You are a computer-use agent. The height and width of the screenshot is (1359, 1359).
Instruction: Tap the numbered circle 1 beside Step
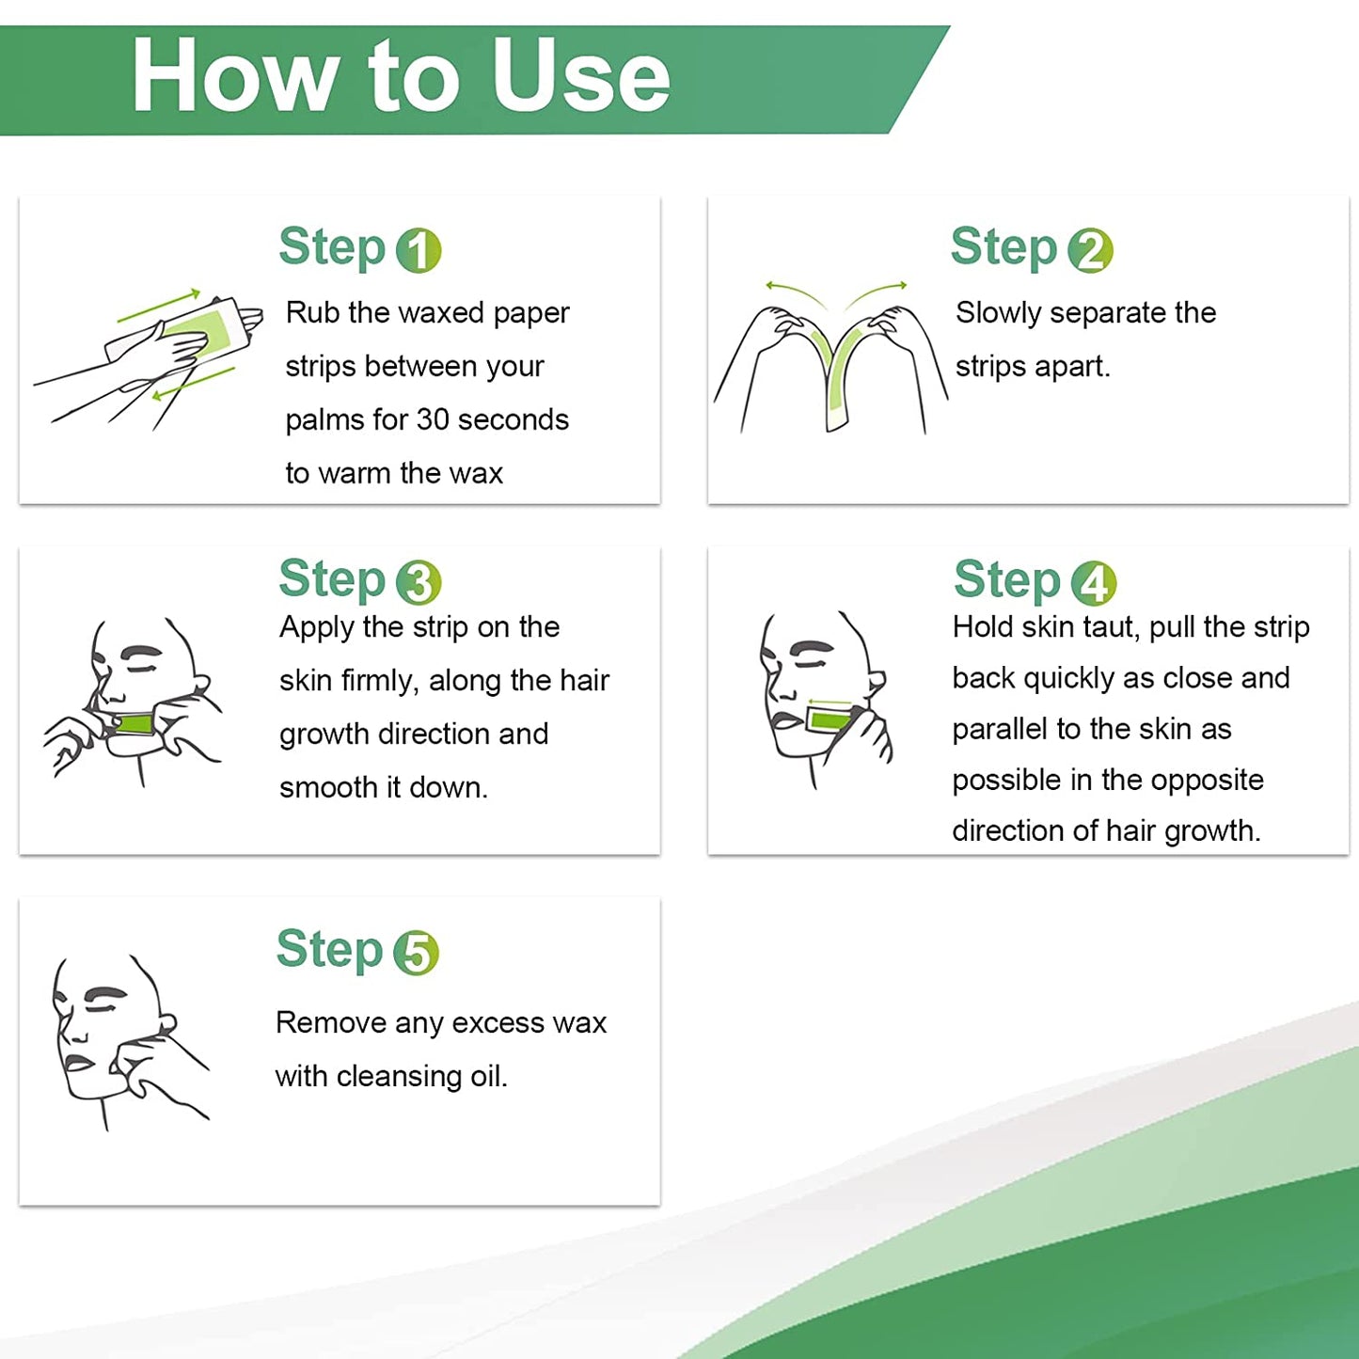coord(419,250)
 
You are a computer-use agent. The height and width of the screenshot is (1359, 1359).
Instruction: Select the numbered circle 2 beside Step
coord(1090,250)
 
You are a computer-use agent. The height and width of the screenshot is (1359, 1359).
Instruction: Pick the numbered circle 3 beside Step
coord(419,582)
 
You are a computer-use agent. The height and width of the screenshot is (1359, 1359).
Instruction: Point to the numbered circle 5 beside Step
coord(416,953)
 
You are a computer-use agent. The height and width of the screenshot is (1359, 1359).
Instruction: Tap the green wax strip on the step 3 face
coord(134,723)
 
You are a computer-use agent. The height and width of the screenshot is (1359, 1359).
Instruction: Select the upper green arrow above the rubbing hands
coord(159,305)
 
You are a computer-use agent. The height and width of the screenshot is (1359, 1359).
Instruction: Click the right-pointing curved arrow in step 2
coord(875,292)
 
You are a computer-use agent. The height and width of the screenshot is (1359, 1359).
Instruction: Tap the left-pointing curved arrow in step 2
coord(798,292)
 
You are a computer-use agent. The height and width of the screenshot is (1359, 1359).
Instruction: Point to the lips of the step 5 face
coord(74,1061)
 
